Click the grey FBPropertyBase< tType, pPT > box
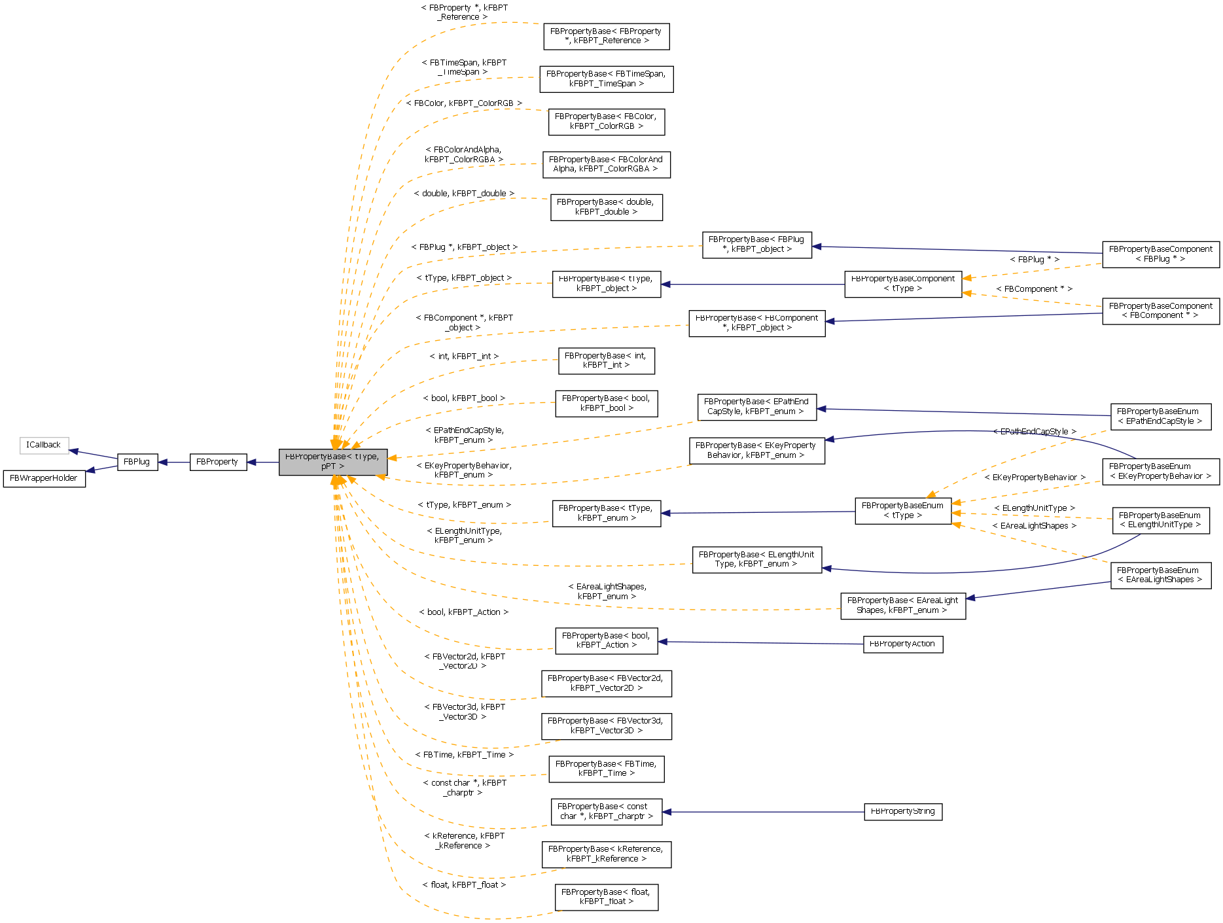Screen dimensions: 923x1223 point(332,462)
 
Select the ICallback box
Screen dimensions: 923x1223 point(44,445)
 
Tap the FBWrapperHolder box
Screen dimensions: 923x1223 point(44,478)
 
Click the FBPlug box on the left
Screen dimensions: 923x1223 point(137,462)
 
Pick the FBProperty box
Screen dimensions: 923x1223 point(217,462)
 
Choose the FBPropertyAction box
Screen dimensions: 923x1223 point(902,644)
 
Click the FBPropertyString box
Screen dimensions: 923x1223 point(902,812)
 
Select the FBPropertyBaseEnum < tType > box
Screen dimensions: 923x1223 point(902,510)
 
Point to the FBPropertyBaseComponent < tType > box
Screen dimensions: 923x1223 point(902,284)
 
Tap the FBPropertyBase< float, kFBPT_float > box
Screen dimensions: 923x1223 point(606,897)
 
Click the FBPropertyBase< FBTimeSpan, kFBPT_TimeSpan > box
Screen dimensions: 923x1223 point(606,79)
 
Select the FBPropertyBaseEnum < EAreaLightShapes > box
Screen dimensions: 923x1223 point(1160,575)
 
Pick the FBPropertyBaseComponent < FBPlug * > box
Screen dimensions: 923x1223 point(1160,254)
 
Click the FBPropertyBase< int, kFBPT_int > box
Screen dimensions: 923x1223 point(606,361)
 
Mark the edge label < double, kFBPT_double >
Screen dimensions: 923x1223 point(464,194)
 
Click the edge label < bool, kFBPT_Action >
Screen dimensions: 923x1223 point(463,612)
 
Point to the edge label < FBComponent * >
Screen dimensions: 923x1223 point(1034,289)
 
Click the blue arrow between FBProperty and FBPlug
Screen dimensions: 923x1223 point(173,462)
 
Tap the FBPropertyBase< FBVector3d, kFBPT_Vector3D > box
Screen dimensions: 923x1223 point(606,726)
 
